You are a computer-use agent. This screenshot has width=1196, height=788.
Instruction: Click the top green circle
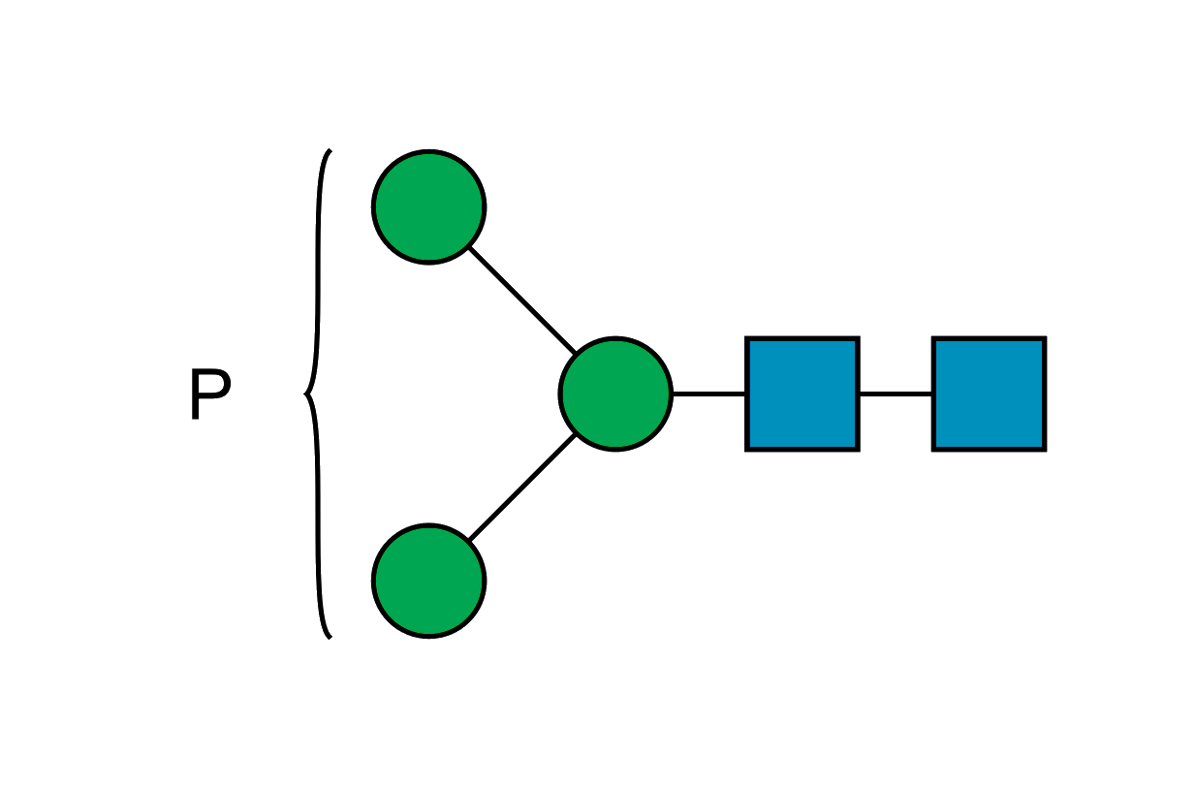pos(428,206)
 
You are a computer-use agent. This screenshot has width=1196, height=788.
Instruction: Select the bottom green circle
pos(428,581)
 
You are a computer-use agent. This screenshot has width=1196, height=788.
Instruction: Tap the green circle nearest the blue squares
pos(615,394)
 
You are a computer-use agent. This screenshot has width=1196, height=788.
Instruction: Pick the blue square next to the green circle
pos(803,394)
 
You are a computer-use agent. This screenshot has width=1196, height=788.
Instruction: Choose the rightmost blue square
pos(989,394)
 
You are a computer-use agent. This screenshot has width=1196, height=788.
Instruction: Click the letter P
pos(209,394)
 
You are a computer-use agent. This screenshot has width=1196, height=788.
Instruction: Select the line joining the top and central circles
pos(520,299)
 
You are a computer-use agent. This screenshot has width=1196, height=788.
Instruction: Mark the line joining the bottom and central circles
pos(520,488)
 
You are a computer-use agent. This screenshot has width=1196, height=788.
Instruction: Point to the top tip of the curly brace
pos(330,151)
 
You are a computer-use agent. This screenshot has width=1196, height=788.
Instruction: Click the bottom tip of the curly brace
pos(330,638)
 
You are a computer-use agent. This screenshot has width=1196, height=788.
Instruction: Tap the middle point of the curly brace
pos(305,394)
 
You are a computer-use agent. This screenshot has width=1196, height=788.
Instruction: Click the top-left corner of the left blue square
pos(747,338)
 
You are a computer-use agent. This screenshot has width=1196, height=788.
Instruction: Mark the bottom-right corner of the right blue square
pos(1044,449)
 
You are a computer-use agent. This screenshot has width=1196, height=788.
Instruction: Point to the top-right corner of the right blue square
pos(1044,338)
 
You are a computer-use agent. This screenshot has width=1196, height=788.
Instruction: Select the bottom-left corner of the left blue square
pos(747,449)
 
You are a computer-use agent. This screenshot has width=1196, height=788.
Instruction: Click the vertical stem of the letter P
pos(195,394)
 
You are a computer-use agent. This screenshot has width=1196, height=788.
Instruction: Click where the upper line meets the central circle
pos(576,354)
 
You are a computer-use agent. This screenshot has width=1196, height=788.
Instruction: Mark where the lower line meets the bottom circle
pos(468,540)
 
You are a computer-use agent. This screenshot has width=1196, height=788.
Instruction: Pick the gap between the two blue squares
pos(896,394)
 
